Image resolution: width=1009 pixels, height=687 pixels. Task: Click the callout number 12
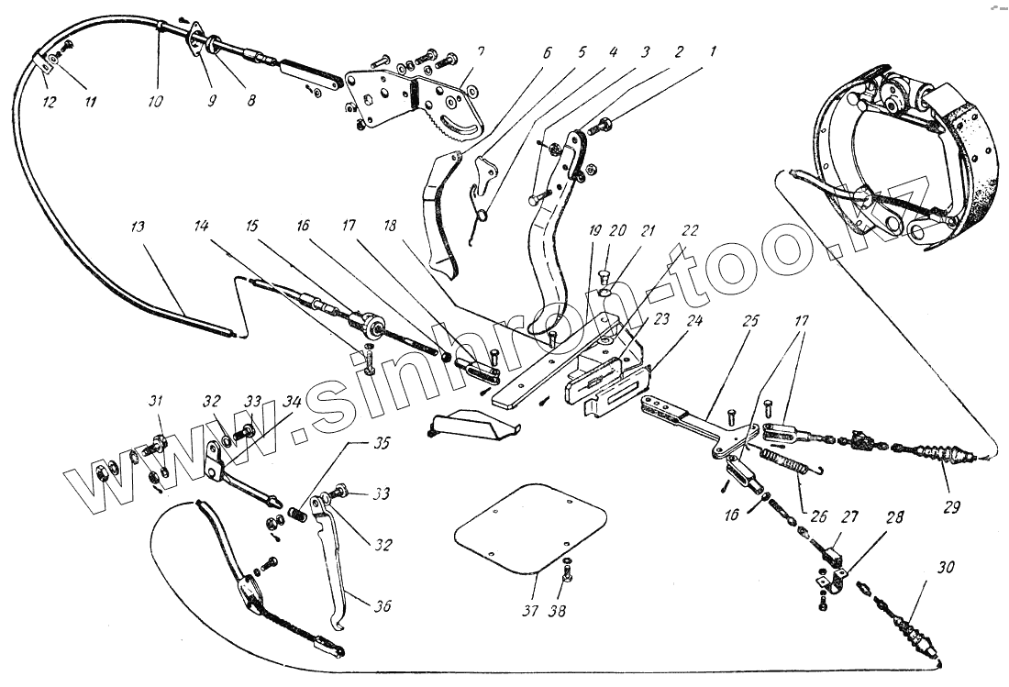pyautogui.click(x=50, y=101)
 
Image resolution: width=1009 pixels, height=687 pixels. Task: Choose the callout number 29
pyautogui.click(x=951, y=506)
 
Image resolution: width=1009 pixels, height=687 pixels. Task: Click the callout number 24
pyautogui.click(x=694, y=323)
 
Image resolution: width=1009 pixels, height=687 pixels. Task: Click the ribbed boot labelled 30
pyautogui.click(x=911, y=631)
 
